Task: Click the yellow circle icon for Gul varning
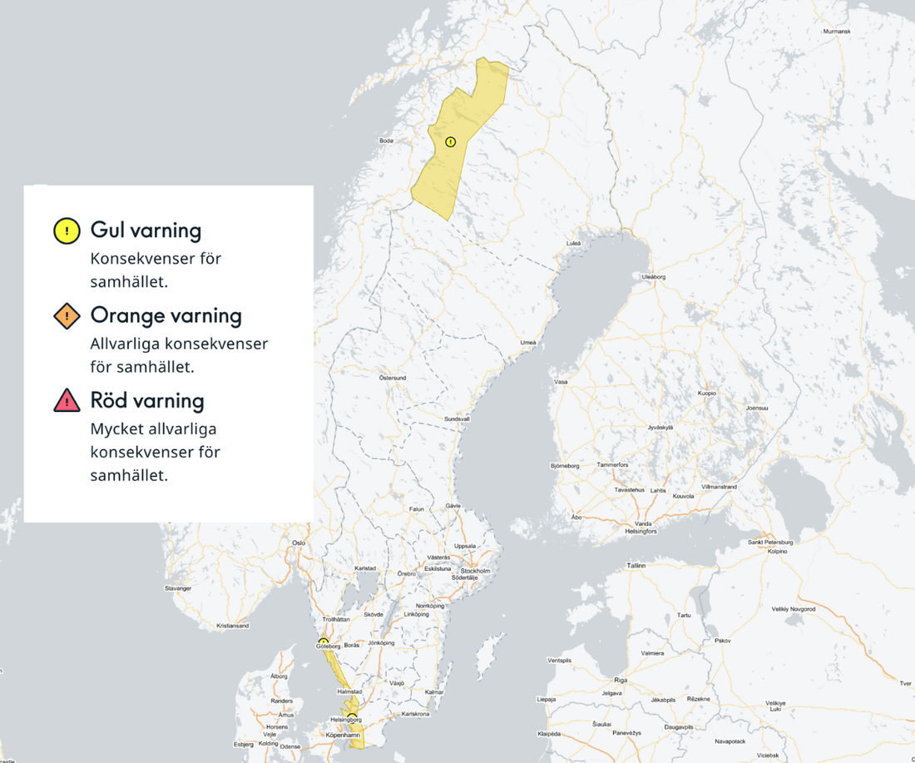67,230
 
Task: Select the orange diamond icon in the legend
67,316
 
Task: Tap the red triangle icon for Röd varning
67,401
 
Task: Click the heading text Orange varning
166,316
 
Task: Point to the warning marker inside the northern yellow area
451,141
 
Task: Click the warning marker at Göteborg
324,642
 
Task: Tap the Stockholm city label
475,571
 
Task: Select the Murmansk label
837,31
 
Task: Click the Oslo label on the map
299,543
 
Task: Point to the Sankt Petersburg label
771,542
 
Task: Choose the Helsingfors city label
640,531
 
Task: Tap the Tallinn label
636,565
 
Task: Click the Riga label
621,680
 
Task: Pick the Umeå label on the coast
528,343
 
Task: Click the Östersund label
393,378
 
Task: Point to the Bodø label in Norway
386,141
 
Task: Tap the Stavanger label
179,588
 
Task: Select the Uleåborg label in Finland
654,275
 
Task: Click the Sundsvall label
457,419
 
